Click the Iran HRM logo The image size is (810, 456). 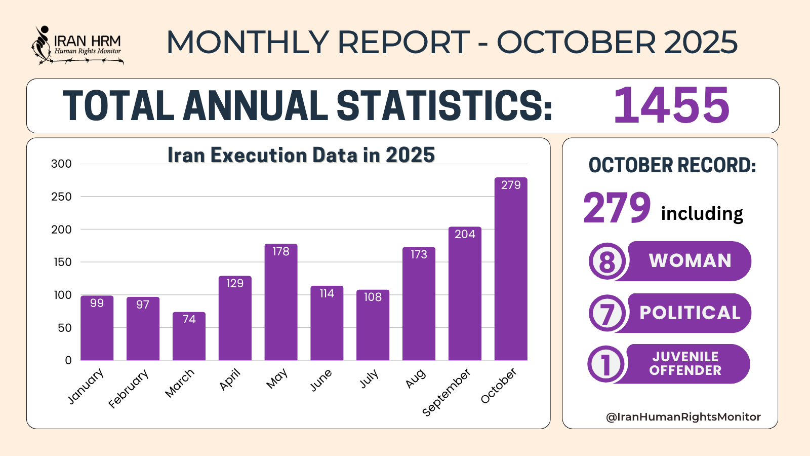(77, 46)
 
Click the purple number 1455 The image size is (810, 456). (671, 105)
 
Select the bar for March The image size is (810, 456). (189, 336)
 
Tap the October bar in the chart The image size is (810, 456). (511, 269)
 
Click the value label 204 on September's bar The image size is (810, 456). (465, 234)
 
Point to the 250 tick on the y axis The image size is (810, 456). (61, 197)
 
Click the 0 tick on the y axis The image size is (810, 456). (68, 360)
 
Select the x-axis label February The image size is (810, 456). (129, 389)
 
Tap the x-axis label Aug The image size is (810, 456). (416, 378)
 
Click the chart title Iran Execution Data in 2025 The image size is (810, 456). (301, 155)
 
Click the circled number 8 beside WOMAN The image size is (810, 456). (607, 261)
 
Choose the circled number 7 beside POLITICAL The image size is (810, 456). (607, 313)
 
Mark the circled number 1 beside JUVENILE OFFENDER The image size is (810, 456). (606, 364)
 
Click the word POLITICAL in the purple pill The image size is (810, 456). (690, 313)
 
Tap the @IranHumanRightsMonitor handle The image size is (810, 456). (683, 417)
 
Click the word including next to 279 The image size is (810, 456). (702, 213)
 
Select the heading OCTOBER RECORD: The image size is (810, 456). (672, 166)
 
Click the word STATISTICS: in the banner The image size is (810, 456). (444, 106)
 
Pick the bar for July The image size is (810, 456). (373, 325)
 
